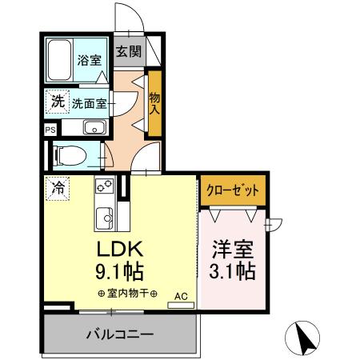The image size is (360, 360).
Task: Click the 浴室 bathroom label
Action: [88, 60]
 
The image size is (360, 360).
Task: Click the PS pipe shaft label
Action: [50, 129]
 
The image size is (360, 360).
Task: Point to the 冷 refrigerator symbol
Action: [58, 189]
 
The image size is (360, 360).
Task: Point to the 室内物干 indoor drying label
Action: [126, 293]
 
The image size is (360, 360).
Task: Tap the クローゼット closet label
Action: [233, 190]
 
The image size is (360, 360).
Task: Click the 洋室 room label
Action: [233, 249]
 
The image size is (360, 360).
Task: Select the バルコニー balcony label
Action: [120, 333]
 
